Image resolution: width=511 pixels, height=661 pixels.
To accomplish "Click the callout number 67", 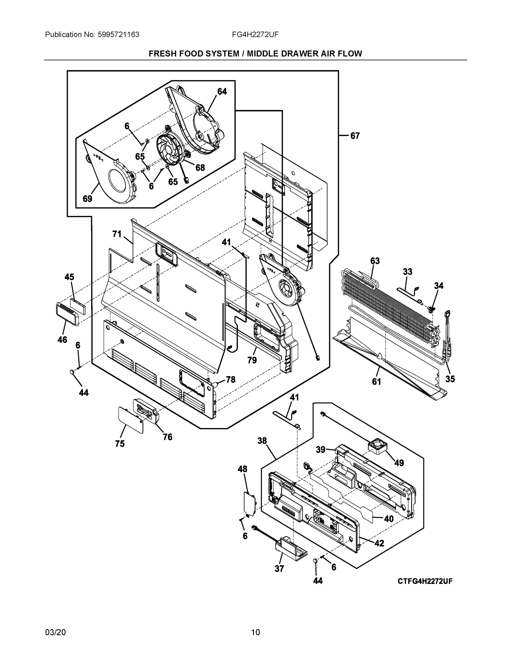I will coord(355,136).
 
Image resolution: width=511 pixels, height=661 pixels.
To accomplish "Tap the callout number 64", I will coord(222,91).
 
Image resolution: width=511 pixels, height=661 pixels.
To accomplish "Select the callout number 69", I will coord(88,199).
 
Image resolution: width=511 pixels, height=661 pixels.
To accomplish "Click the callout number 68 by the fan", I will coord(200,167).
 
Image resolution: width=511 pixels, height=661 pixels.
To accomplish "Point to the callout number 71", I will coord(117,234).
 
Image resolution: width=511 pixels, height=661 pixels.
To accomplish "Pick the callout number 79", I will coord(252,360).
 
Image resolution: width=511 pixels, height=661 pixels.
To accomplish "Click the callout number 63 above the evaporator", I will coord(375,261).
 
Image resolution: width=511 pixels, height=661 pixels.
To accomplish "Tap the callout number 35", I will coord(450,379).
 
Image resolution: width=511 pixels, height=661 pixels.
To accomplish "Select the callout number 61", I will coord(376,382).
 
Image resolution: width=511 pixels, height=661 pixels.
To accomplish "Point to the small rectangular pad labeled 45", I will coord(78,306).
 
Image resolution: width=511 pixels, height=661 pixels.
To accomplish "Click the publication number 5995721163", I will coord(119,34).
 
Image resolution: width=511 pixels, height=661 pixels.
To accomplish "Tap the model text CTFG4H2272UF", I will coord(425,581).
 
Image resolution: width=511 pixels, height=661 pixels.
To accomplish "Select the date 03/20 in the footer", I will coord(55,632).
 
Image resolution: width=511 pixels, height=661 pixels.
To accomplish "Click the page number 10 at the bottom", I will coord(255,632).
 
